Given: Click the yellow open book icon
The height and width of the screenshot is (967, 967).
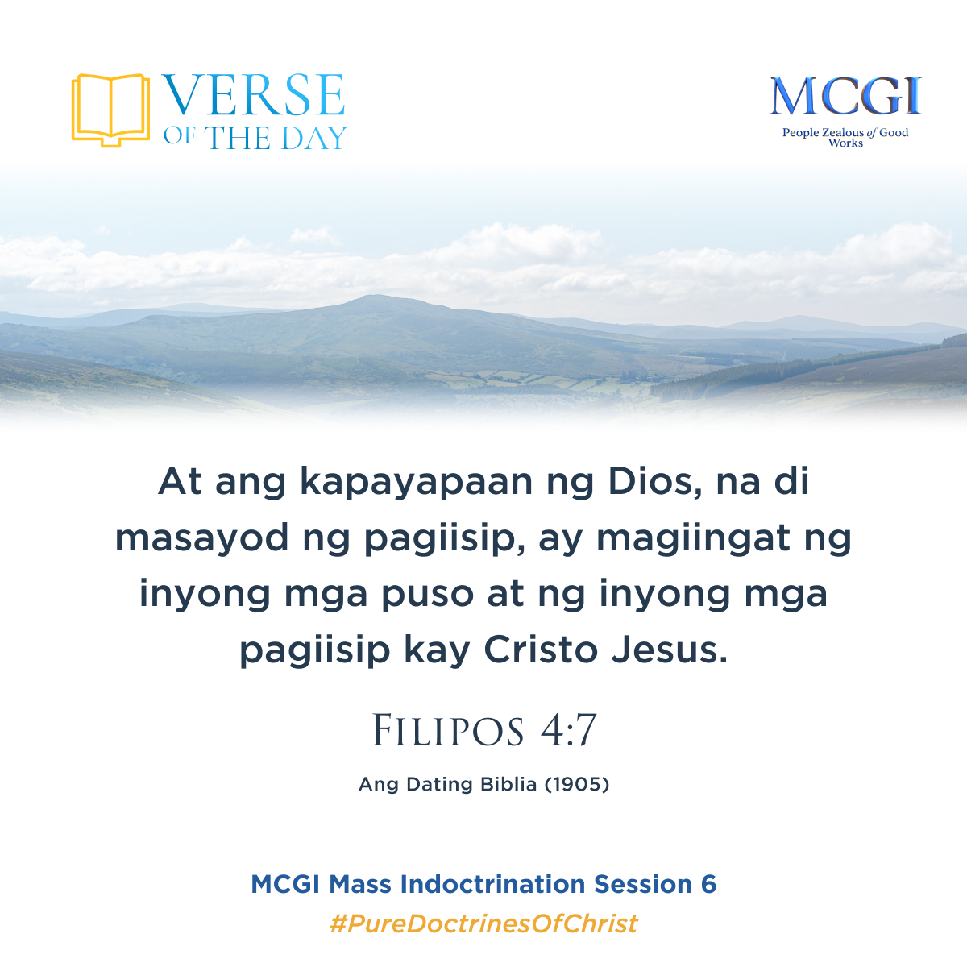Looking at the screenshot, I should tap(110, 110).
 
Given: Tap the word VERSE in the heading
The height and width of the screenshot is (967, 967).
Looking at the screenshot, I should tap(255, 96).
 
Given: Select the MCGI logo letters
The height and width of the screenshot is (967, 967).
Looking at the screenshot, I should tap(845, 98).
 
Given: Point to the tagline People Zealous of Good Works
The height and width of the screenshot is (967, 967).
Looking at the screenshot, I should tap(845, 137).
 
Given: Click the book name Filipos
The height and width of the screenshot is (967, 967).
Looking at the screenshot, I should tap(448, 732).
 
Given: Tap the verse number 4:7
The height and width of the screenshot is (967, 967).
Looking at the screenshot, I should tap(568, 732).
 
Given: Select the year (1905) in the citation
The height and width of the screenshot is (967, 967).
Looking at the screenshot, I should tap(577, 784).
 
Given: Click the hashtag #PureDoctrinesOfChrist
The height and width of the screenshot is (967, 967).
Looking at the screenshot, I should tap(483, 923).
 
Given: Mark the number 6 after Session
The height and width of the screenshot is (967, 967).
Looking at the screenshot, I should tap(708, 884).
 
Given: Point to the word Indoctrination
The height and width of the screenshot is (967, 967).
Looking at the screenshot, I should tap(494, 884).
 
